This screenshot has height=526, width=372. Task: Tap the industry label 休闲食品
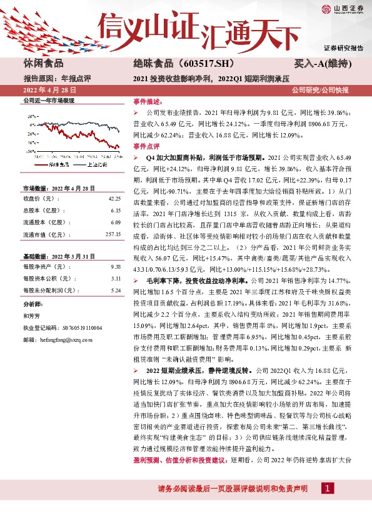point(43,64)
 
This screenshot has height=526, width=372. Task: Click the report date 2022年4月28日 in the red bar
point(48,91)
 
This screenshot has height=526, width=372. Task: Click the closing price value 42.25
point(114,199)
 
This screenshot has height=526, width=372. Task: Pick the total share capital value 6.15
point(116,211)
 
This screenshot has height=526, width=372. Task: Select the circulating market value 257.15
point(113,234)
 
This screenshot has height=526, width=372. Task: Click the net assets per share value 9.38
point(116,267)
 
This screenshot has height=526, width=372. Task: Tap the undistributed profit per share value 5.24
point(116,290)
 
